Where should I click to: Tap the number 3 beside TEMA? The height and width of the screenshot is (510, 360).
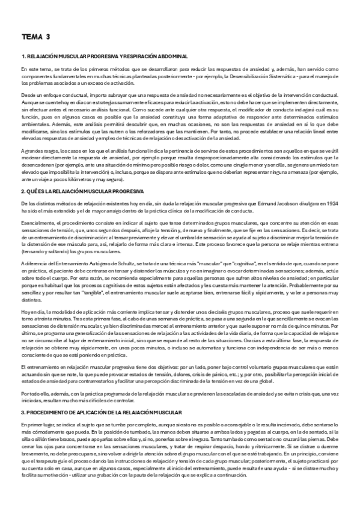click(47, 37)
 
